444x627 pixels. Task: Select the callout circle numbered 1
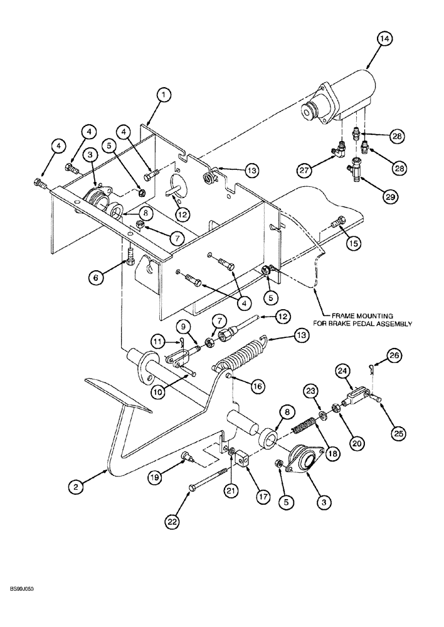click(164, 95)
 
